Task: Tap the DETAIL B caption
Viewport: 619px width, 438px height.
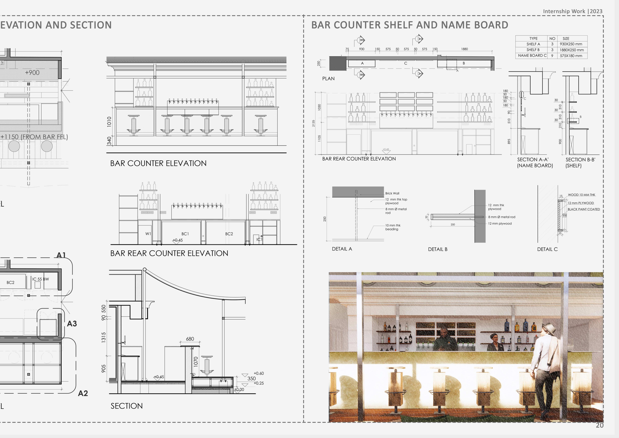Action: [438, 249]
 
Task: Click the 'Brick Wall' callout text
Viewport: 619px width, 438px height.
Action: [392, 193]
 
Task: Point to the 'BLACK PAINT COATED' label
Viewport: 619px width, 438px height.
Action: [584, 209]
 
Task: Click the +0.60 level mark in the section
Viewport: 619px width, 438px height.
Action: [259, 373]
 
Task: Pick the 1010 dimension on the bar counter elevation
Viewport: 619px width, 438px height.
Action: [109, 122]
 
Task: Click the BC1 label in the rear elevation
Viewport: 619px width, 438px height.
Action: [185, 234]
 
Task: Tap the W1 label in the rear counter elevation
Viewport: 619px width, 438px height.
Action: [148, 234]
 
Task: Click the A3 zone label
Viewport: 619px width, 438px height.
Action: [72, 324]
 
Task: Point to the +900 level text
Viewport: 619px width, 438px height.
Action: [32, 73]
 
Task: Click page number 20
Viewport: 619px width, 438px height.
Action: [600, 425]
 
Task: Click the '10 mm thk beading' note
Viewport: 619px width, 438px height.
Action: [393, 227]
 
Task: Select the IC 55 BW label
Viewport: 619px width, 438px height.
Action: [40, 279]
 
